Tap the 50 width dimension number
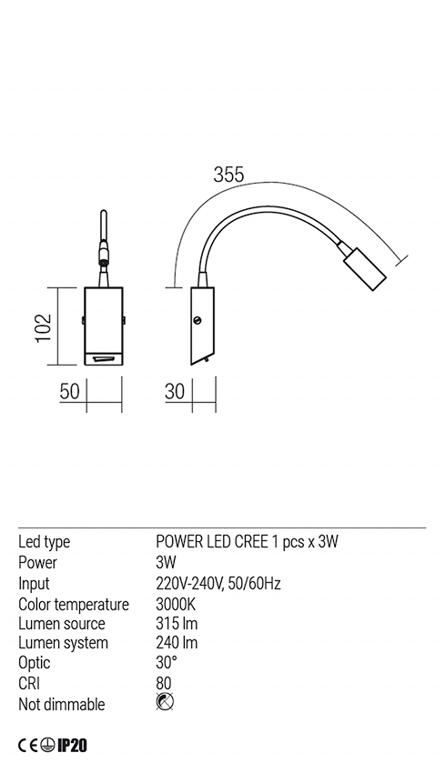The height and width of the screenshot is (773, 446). [x=70, y=392]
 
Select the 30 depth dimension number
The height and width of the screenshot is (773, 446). [x=176, y=392]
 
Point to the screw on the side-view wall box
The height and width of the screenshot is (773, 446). [x=197, y=320]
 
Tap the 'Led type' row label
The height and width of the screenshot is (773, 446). [x=45, y=543]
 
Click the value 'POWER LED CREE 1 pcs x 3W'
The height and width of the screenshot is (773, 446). [x=248, y=543]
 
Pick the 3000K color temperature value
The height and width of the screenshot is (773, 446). [x=177, y=604]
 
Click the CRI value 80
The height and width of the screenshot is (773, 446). [x=164, y=684]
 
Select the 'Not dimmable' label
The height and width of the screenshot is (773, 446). [x=62, y=705]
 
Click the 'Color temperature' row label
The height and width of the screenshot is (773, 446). [x=74, y=604]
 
